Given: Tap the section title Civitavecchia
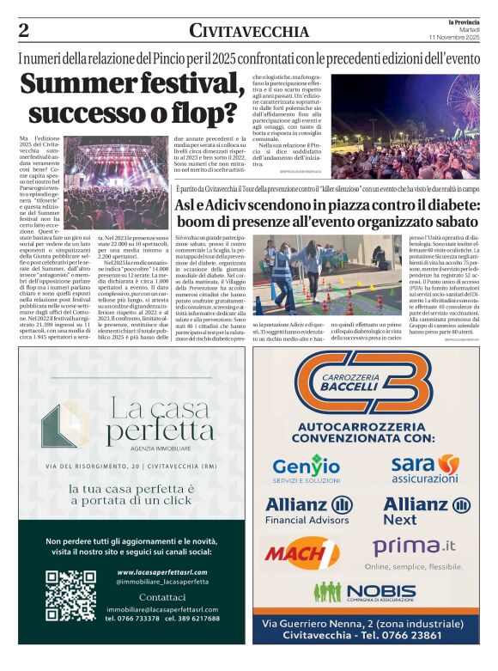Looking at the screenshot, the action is tap(249, 32).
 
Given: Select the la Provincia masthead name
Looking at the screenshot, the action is tap(465, 21).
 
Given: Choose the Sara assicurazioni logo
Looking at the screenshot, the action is tap(424, 468).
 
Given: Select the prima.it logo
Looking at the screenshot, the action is tap(415, 546).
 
